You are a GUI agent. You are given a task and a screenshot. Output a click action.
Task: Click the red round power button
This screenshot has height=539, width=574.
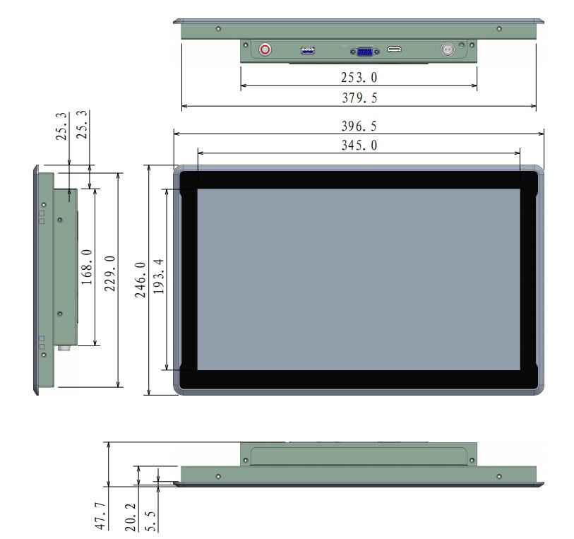click(265, 49)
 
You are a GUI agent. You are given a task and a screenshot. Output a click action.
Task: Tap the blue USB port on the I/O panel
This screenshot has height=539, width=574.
click(308, 50)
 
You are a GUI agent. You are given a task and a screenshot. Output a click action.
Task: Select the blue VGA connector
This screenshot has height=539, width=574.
click(363, 51)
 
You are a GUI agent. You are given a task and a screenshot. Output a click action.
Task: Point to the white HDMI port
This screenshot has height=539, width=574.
click(395, 50)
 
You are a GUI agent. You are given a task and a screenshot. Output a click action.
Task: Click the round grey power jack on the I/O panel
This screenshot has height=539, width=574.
click(446, 49)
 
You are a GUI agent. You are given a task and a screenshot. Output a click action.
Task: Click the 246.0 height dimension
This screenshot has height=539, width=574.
click(140, 280)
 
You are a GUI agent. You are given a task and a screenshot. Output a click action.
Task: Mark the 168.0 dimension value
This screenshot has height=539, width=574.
click(87, 266)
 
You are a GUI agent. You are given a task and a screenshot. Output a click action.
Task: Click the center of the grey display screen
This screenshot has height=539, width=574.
click(359, 279)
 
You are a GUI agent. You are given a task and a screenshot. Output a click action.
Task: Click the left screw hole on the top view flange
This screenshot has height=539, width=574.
click(218, 29)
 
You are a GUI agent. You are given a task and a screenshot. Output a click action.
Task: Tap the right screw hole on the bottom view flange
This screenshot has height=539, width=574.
click(499, 476)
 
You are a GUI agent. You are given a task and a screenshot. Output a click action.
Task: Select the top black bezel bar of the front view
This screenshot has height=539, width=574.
click(359, 179)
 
